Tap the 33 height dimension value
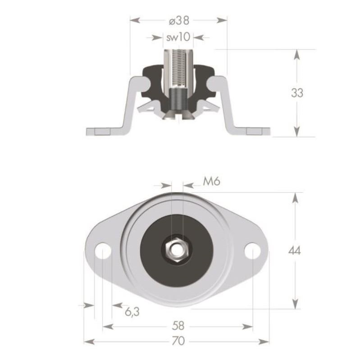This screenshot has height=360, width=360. (x=297, y=93)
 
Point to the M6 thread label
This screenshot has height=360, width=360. (x=211, y=181)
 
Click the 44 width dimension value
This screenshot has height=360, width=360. (x=297, y=250)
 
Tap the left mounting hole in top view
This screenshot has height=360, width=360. (x=103, y=251)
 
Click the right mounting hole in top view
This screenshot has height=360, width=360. (x=253, y=251)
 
